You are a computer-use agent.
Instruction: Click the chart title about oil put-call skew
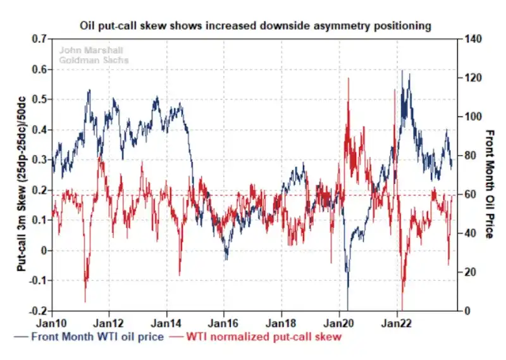256,26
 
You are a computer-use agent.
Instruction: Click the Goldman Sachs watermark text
94,61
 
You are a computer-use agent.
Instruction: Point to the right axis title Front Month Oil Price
488,184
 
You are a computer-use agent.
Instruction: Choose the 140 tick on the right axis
472,39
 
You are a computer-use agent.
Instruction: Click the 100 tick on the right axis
472,117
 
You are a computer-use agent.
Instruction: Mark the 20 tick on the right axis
470,272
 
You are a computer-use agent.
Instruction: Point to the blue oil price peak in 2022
402,71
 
